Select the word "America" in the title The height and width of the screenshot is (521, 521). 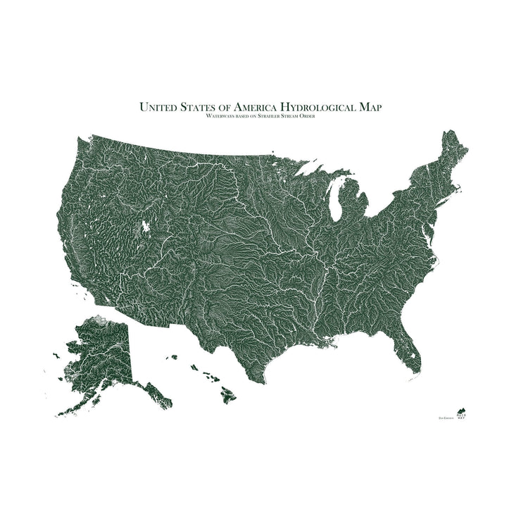(x=256, y=107)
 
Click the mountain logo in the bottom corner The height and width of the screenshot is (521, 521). (x=462, y=410)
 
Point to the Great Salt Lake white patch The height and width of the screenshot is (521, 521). (x=146, y=227)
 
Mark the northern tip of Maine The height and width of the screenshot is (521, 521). (x=462, y=134)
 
